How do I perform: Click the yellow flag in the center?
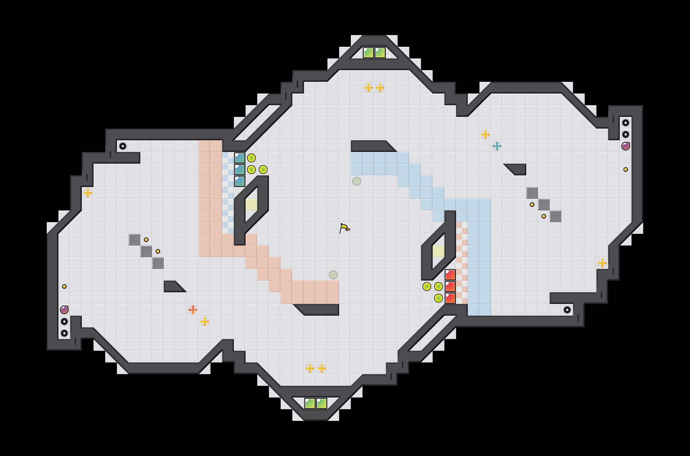[344, 228]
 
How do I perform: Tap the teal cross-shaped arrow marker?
[497, 146]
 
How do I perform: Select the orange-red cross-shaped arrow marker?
[193, 310]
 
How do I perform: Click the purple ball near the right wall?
[625, 146]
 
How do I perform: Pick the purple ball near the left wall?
[64, 310]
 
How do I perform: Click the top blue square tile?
[240, 158]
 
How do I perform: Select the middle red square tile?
[450, 286]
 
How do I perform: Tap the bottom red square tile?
[450, 298]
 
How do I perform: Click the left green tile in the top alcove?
[368, 53]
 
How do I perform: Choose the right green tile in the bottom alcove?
[322, 403]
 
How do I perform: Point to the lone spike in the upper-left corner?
[123, 146]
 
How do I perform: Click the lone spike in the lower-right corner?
[567, 310]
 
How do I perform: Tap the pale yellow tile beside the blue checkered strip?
[251, 205]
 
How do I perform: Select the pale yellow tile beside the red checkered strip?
[439, 251]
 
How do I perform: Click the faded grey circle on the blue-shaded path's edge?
[357, 181]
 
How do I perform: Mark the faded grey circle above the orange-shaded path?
[333, 275]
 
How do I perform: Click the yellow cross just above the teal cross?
[485, 134]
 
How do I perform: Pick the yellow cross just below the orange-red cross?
[205, 322]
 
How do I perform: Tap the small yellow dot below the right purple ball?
[626, 170]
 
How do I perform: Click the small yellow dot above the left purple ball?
[64, 286]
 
